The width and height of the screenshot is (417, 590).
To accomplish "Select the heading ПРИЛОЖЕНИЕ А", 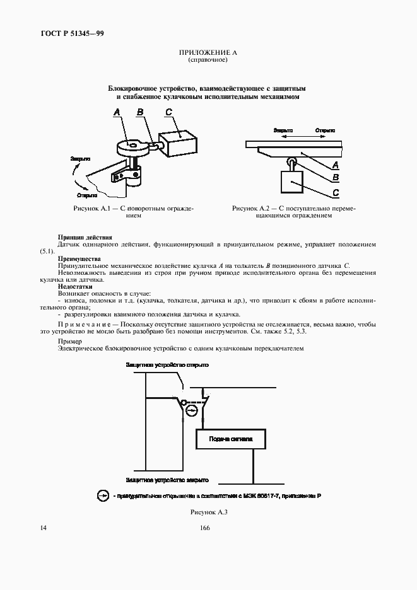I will tap(208, 52).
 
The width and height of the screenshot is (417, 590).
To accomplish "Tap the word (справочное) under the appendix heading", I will tap(208, 60).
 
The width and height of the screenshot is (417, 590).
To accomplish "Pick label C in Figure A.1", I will tap(168, 113).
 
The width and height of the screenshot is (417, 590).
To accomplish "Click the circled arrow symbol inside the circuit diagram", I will tap(192, 411).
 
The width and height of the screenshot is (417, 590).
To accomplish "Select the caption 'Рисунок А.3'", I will tap(208, 512).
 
